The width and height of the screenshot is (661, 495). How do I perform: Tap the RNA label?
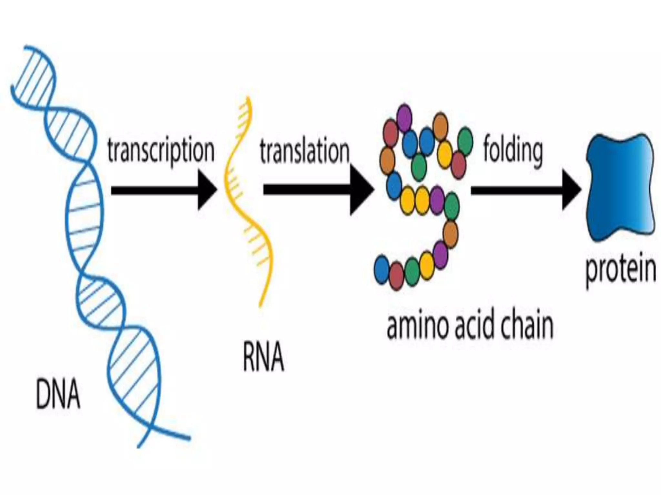pyautogui.click(x=263, y=357)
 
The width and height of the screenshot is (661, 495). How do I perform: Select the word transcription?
pyautogui.click(x=161, y=151)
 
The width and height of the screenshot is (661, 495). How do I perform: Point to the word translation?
pyautogui.click(x=305, y=151)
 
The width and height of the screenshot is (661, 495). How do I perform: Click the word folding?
pyautogui.click(x=513, y=151)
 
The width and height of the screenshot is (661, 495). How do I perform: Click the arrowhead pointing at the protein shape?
pyautogui.click(x=572, y=190)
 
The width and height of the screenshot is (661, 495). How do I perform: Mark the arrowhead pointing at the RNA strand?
pyautogui.click(x=207, y=190)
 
